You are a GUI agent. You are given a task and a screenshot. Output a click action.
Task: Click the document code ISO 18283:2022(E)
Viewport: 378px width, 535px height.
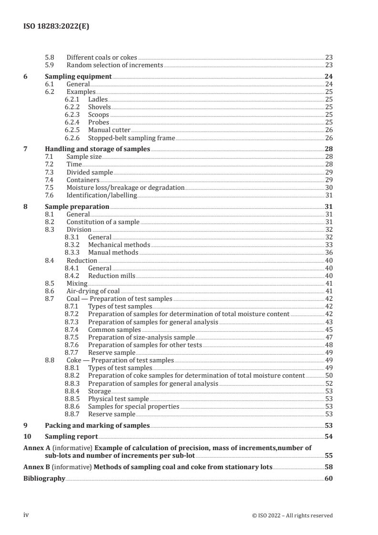[x=56, y=27]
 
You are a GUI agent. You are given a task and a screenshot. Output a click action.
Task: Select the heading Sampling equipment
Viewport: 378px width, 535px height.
[x=78, y=76]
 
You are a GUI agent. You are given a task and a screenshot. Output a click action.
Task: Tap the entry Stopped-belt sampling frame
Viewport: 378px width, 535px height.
[x=132, y=138]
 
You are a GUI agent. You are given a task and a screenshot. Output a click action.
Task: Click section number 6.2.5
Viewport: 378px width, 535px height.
[x=72, y=130]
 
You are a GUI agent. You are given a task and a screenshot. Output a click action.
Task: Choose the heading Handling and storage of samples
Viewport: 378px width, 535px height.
[x=97, y=149]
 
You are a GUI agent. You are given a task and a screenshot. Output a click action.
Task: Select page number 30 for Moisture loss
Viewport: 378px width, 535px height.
[x=328, y=188]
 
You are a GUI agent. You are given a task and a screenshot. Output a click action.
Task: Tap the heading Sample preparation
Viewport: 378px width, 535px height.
[x=77, y=207]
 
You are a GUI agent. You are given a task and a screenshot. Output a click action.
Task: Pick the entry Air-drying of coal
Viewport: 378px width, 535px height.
[x=93, y=291]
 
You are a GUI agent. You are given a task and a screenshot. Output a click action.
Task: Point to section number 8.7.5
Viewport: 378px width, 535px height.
[x=72, y=337]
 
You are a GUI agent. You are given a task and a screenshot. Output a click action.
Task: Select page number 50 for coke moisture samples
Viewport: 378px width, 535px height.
[x=328, y=376]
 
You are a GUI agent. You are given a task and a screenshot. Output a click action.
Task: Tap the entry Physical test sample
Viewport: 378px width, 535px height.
[x=118, y=399]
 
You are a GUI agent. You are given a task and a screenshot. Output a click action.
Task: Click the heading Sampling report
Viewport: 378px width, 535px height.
[x=71, y=436]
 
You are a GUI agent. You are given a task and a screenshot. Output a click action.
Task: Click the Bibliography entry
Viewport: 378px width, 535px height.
[x=44, y=478]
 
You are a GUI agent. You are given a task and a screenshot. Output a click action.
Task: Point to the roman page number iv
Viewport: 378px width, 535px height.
[x=27, y=515]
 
